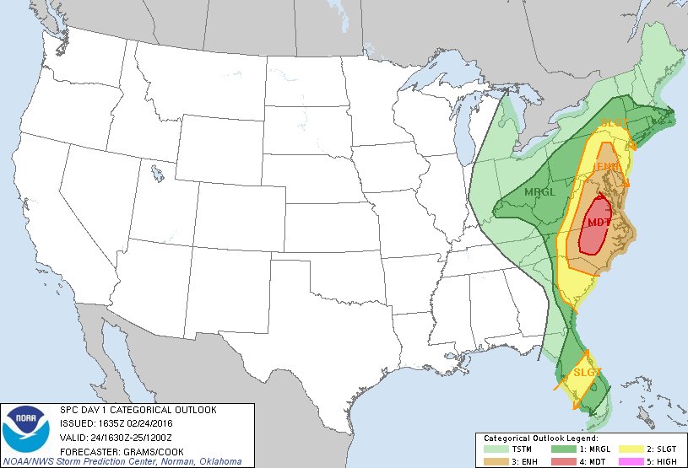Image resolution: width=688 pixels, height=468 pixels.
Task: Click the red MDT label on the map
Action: [x=599, y=223]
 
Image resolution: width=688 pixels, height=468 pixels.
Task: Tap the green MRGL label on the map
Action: [x=539, y=192]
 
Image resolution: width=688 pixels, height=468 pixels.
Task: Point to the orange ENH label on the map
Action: [x=606, y=167]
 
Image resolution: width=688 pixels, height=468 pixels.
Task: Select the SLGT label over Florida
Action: [x=587, y=372]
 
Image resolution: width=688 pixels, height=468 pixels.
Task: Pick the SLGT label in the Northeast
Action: [x=614, y=124]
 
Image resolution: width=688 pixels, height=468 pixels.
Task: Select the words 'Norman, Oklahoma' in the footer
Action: [x=202, y=461]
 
